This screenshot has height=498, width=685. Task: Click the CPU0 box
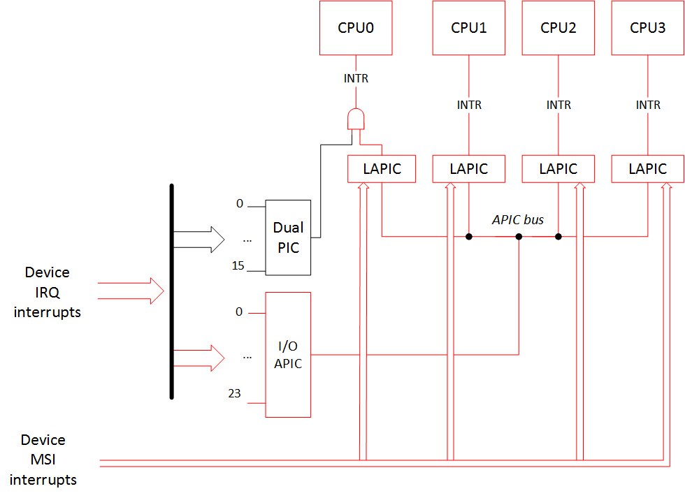pyautogui.click(x=356, y=27)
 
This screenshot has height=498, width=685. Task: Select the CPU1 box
pyautogui.click(x=469, y=27)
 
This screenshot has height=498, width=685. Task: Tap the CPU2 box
pyautogui.click(x=558, y=27)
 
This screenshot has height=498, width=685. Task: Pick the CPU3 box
pyautogui.click(x=647, y=27)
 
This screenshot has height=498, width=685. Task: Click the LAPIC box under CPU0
pyautogui.click(x=382, y=168)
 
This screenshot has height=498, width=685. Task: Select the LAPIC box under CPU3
pyautogui.click(x=647, y=168)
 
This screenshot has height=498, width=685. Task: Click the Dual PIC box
pyautogui.click(x=288, y=237)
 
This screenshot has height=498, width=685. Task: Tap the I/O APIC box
pyautogui.click(x=288, y=354)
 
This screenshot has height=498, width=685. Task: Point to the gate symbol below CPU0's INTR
pyautogui.click(x=356, y=119)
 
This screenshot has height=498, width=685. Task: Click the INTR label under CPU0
pyautogui.click(x=356, y=78)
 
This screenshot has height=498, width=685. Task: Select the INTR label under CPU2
pyautogui.click(x=558, y=105)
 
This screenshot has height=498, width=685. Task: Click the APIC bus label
pyautogui.click(x=518, y=219)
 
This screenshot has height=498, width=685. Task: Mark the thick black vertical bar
pyautogui.click(x=172, y=291)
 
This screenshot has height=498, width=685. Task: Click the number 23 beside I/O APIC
pyautogui.click(x=235, y=393)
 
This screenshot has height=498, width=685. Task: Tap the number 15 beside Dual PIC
pyautogui.click(x=238, y=265)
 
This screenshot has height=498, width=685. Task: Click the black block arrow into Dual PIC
pyautogui.click(x=199, y=240)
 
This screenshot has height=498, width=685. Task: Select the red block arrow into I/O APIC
pyautogui.click(x=199, y=358)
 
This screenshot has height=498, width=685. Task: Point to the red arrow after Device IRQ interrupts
pyautogui.click(x=131, y=291)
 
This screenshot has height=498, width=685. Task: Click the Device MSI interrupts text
pyautogui.click(x=43, y=460)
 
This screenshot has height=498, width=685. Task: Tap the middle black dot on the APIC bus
pyautogui.click(x=519, y=237)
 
